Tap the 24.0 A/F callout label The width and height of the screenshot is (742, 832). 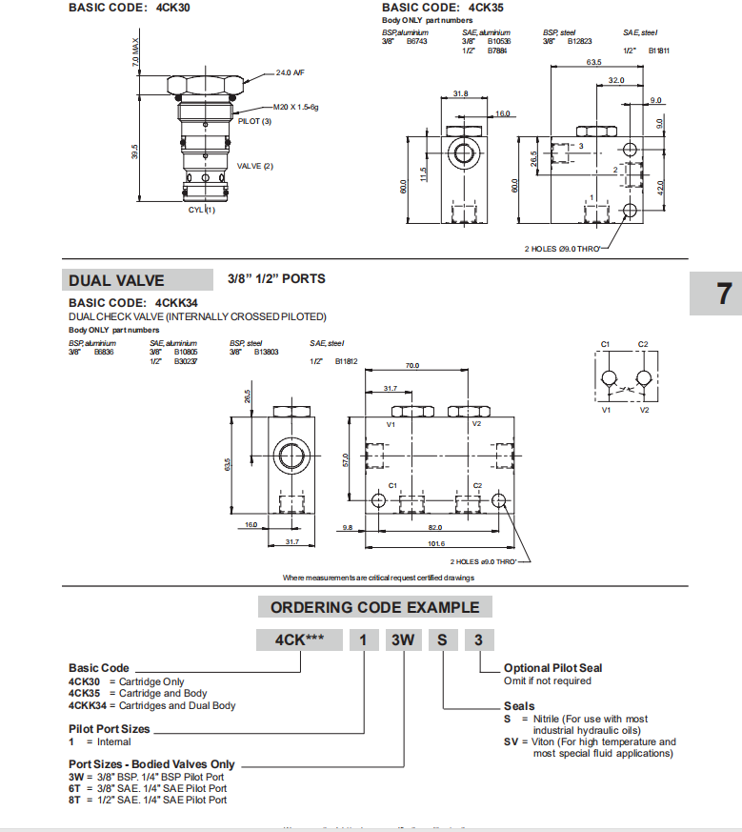[291, 72]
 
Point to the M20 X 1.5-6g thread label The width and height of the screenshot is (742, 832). [295, 107]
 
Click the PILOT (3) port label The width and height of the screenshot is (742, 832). [254, 121]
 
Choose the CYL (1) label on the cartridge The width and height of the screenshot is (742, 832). [201, 210]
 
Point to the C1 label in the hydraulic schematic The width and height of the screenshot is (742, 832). [605, 343]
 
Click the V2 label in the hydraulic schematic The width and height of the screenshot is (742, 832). [645, 410]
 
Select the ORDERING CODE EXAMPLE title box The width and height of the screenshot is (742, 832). [375, 607]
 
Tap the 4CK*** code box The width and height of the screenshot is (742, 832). [299, 640]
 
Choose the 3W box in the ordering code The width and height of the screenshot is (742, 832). [402, 640]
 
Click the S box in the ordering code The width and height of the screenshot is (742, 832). [442, 640]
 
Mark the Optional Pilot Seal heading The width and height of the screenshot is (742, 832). [552, 668]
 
